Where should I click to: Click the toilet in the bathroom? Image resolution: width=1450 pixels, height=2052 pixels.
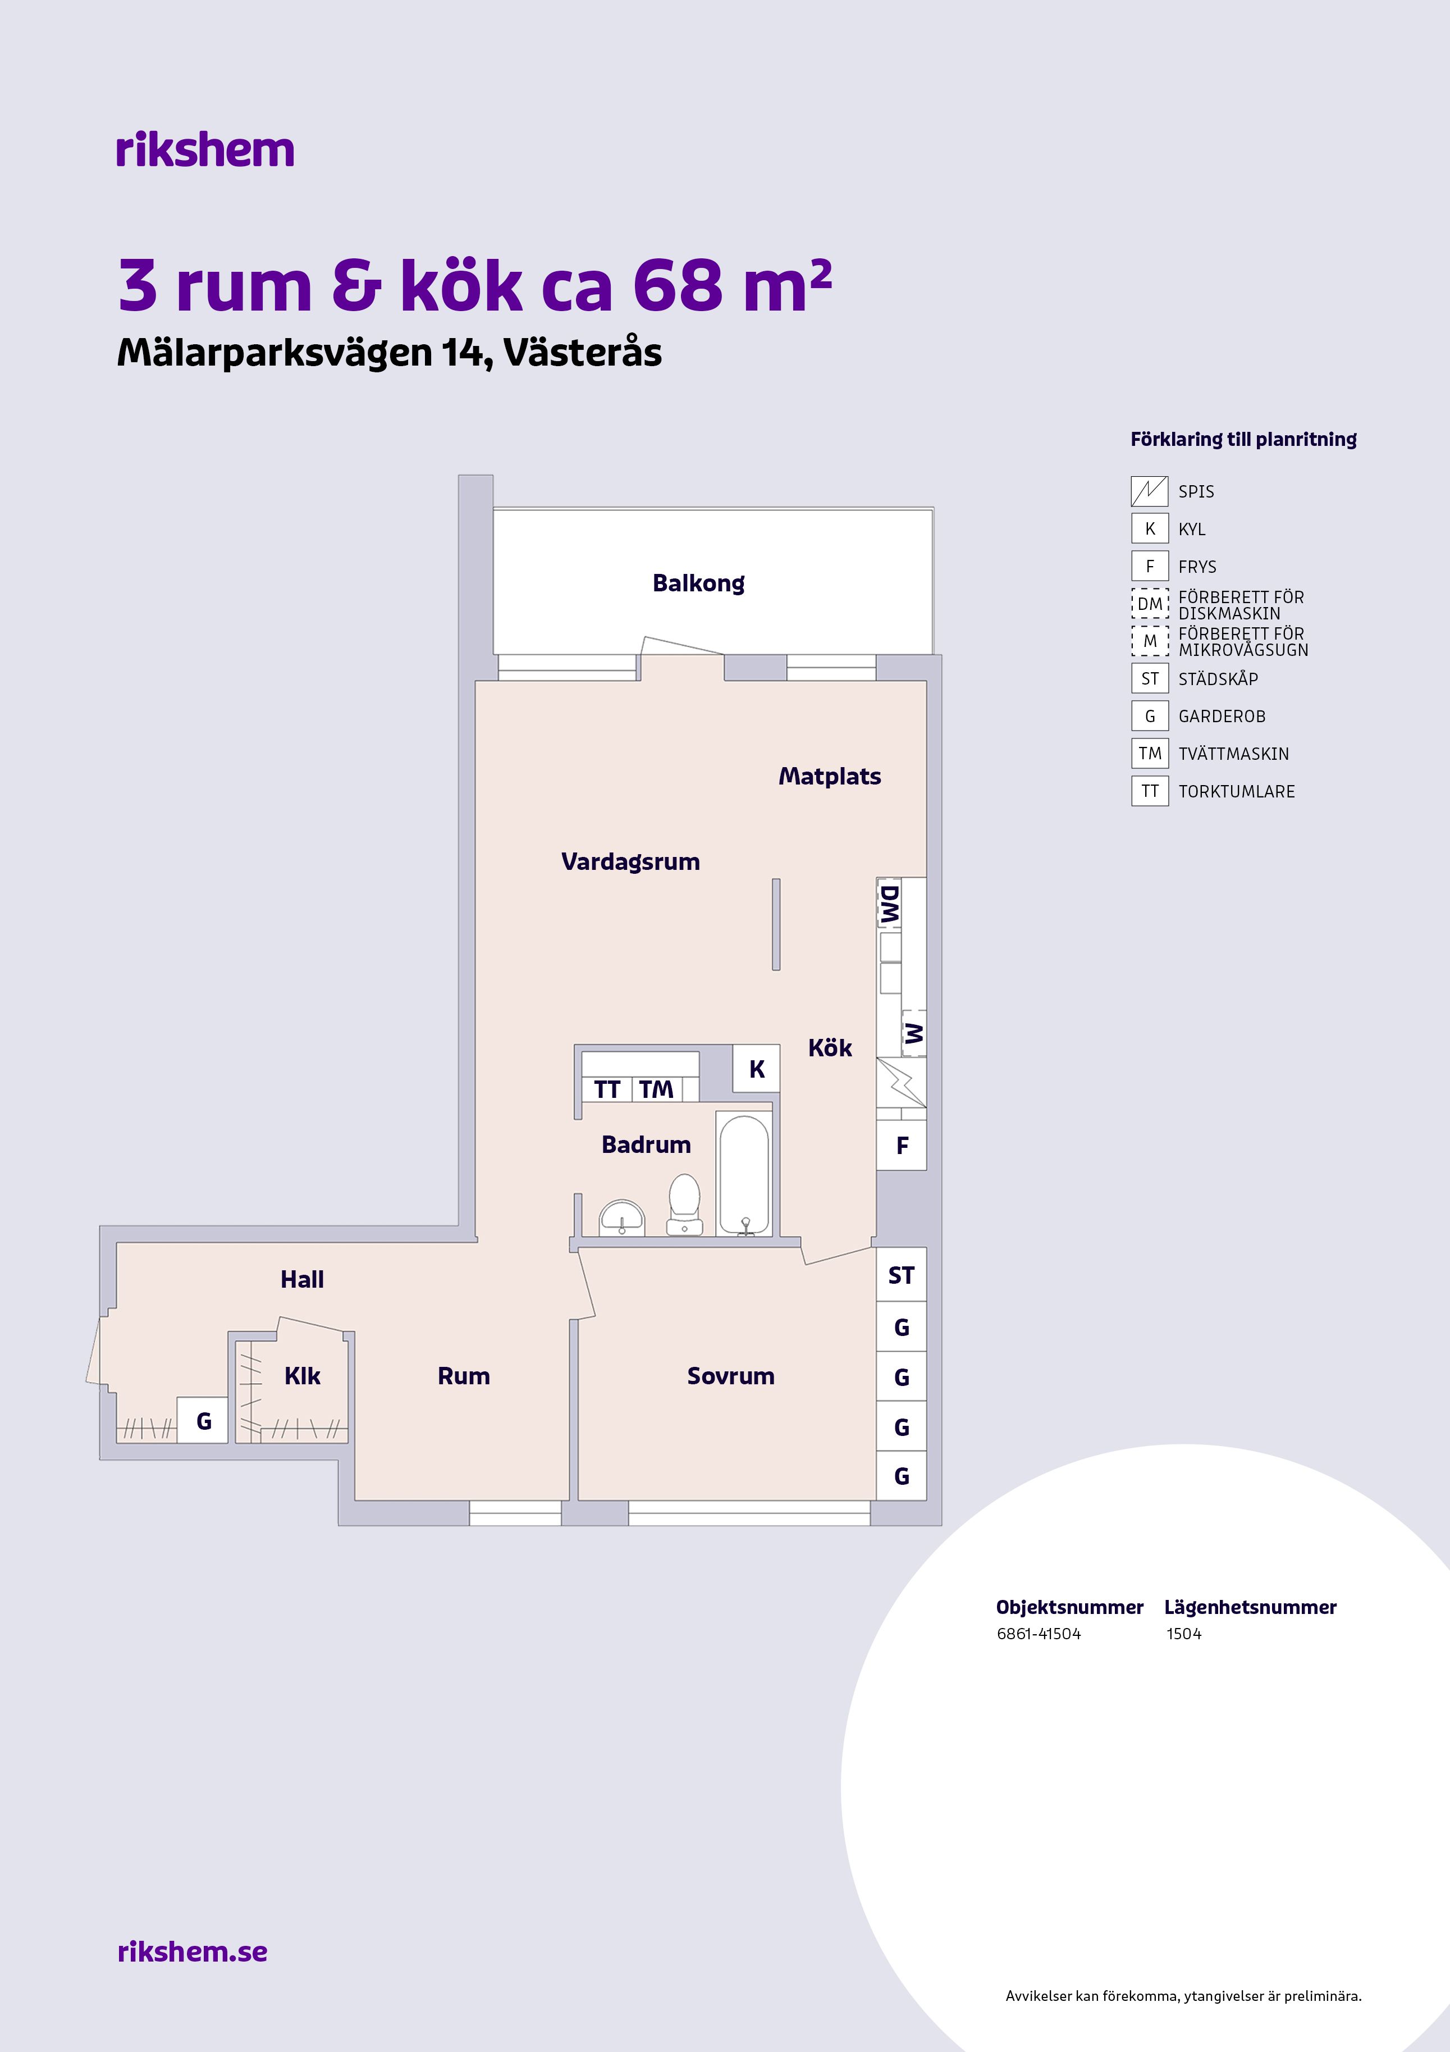tap(684, 1205)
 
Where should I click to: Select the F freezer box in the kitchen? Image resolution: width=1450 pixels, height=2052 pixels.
tap(902, 1146)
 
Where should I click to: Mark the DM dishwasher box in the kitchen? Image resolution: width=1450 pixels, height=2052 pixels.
tap(890, 905)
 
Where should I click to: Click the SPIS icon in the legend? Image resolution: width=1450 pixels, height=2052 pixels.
tap(1150, 491)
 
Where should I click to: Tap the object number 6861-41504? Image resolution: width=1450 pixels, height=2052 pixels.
tap(1038, 1634)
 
